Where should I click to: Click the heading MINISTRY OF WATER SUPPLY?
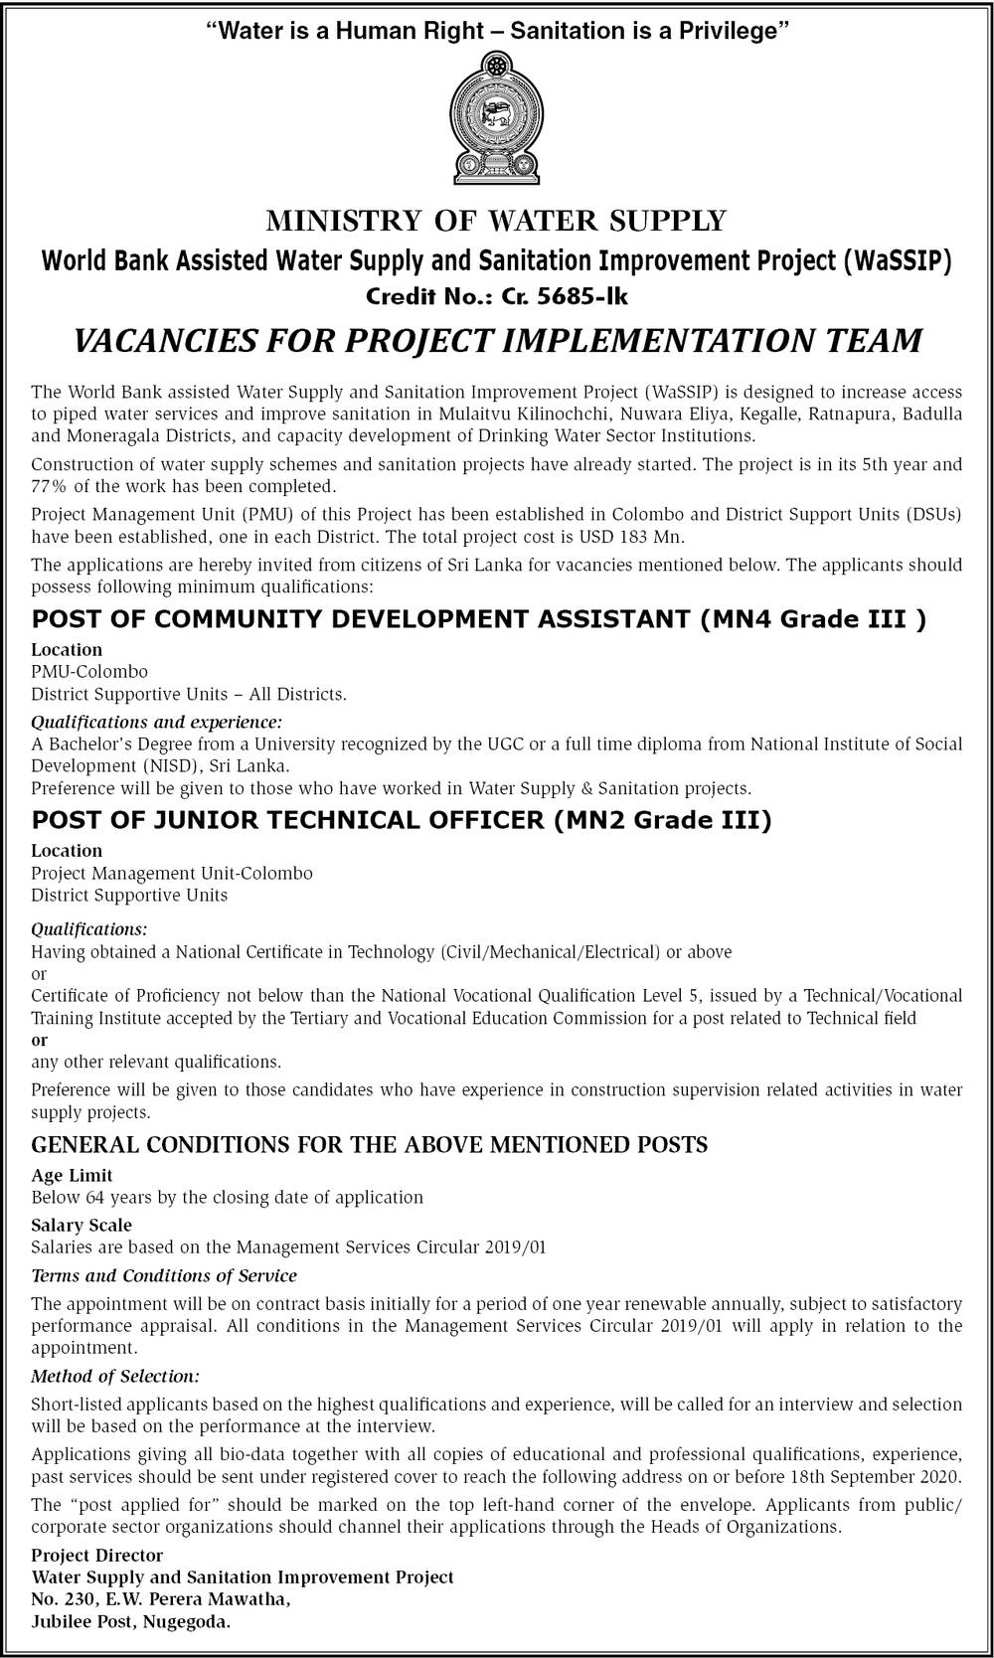click(x=496, y=220)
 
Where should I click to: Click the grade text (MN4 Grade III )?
click(x=812, y=619)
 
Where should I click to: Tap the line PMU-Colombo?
click(x=89, y=672)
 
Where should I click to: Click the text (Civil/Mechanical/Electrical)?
click(x=549, y=951)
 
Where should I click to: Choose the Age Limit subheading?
click(x=72, y=1175)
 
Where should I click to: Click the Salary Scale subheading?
click(x=81, y=1226)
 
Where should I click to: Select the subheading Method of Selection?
click(x=115, y=1377)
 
